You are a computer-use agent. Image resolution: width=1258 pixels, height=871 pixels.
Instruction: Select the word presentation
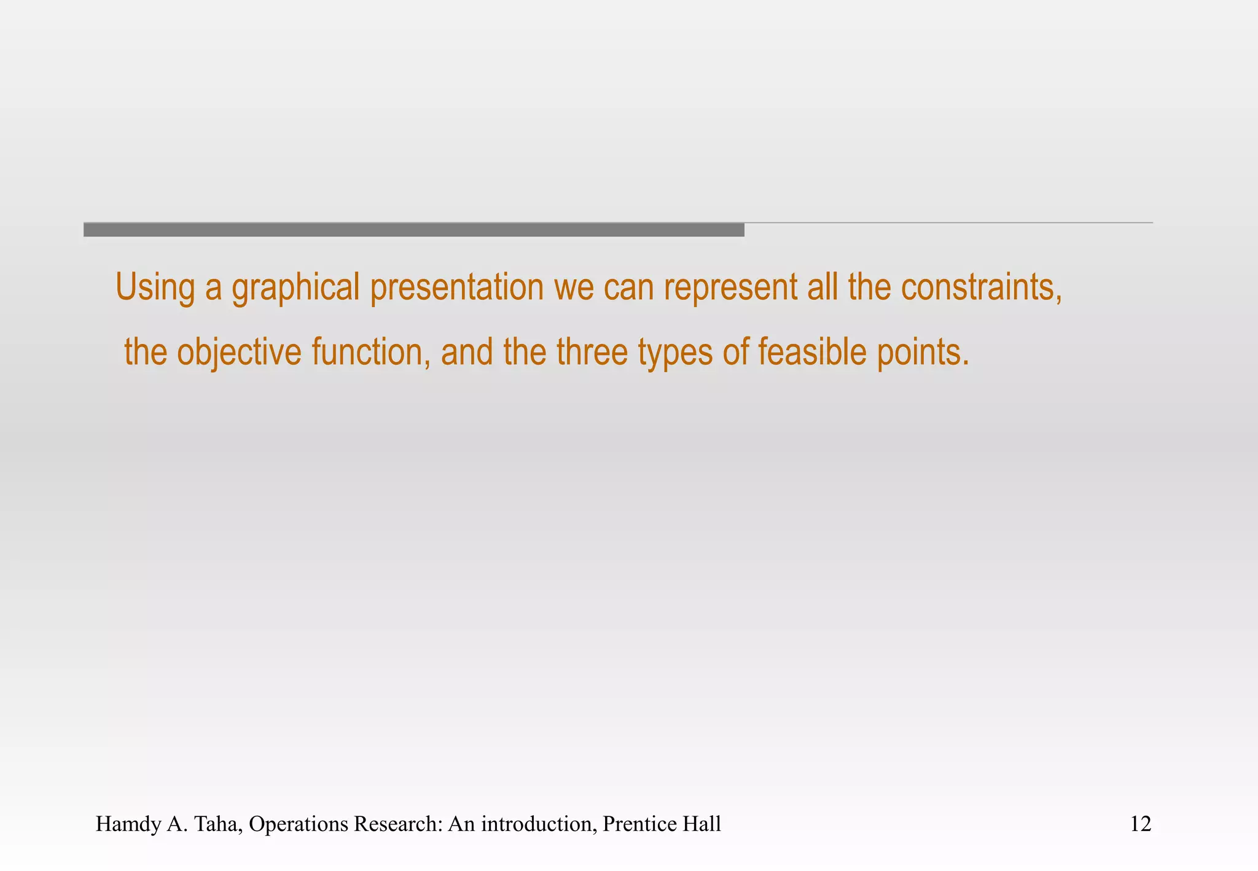click(x=457, y=287)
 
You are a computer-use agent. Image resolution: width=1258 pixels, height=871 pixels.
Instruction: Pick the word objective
click(x=240, y=352)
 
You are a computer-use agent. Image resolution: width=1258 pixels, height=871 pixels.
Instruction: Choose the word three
click(x=592, y=352)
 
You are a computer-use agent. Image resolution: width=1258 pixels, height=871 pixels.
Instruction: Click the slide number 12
click(x=1141, y=824)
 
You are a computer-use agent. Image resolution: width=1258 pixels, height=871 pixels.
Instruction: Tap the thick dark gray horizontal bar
click(x=413, y=230)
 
